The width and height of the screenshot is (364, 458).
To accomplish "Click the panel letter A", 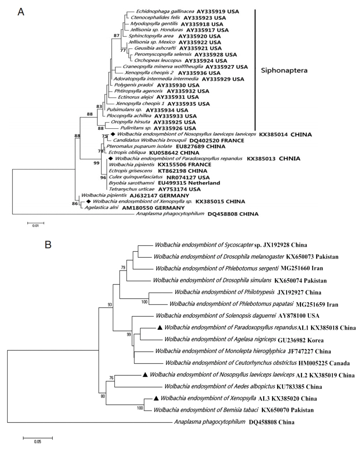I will click(21, 12).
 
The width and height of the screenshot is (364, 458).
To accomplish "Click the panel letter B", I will click(48, 245).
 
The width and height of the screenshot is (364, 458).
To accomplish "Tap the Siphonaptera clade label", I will click(284, 70).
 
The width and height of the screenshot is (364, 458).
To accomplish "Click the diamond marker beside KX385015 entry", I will click(88, 201).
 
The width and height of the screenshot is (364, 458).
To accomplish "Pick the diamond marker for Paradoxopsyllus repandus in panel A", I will click(110, 158).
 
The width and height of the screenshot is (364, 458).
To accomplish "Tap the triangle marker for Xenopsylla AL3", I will click(156, 398).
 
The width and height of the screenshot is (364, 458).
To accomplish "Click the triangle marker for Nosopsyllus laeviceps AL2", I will click(145, 375).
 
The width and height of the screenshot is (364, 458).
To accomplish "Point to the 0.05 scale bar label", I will click(38, 442).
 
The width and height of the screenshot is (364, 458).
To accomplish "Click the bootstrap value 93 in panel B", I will click(110, 304).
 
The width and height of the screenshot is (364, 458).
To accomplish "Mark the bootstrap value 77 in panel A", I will click(123, 50).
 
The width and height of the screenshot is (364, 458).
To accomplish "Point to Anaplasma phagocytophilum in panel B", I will click(210, 422).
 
